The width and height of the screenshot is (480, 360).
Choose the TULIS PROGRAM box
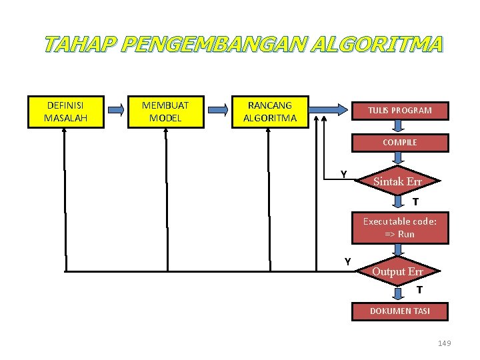coord(400,110)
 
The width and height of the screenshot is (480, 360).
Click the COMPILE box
coord(400,143)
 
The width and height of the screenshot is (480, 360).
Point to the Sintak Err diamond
coord(398,181)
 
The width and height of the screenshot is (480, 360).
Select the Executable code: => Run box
coord(400,228)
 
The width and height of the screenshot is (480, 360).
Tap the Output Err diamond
coord(398,271)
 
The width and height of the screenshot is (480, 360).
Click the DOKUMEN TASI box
coord(400,311)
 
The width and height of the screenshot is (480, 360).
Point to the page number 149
coord(444,343)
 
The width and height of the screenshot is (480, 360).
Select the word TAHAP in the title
coord(81,45)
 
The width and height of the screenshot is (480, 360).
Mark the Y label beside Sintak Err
coord(343,174)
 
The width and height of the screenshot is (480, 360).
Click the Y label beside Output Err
coord(348,261)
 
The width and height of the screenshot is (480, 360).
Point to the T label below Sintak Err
coord(415,202)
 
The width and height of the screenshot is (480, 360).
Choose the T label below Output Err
coord(419,290)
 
